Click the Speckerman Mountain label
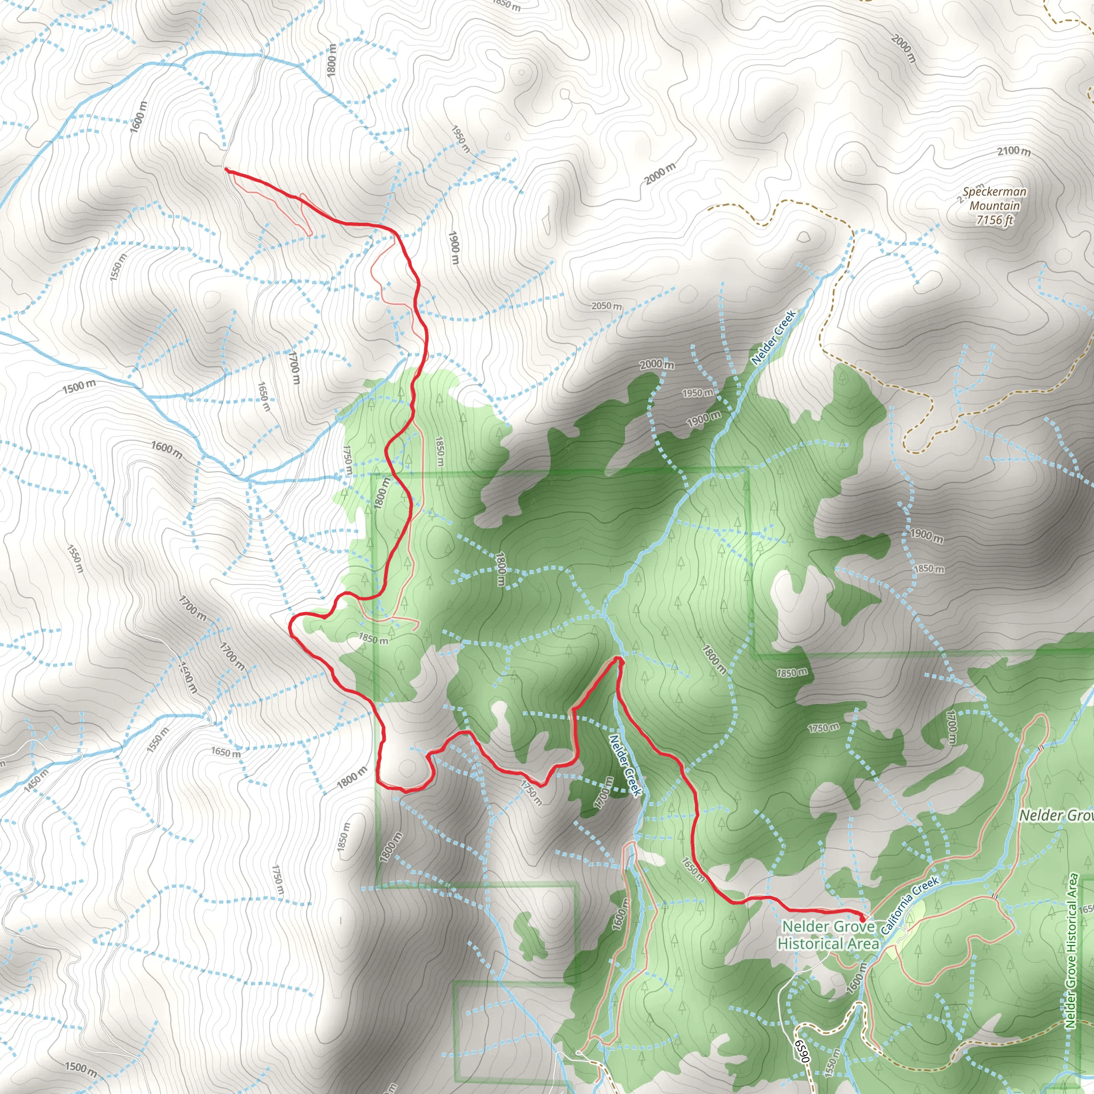pos(994,199)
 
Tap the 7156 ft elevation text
pos(994,220)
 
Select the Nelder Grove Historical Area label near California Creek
pos(828,935)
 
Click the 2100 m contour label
pos(1013,151)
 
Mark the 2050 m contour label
pos(606,306)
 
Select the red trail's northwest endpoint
pos(226,169)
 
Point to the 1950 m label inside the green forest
pos(697,393)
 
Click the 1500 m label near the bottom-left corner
pos(80,1068)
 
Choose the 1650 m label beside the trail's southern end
pos(693,870)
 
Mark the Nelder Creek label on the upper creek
pos(773,337)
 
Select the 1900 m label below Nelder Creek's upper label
pos(704,419)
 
